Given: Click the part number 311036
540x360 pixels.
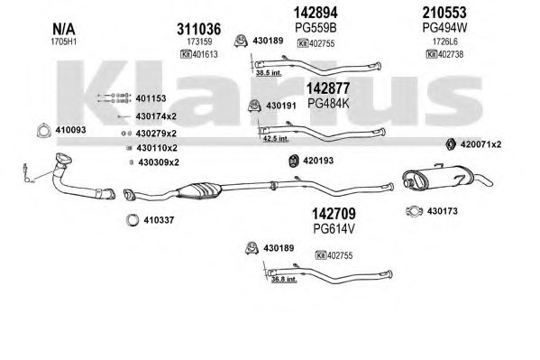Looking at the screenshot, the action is (198, 29).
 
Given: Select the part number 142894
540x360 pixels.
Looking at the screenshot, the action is (316, 13).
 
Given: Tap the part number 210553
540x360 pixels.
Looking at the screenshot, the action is (444, 13).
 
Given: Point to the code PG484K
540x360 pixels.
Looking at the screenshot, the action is (328, 103).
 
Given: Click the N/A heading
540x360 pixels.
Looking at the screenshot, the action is (64, 29).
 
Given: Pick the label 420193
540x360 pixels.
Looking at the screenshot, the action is (318, 161).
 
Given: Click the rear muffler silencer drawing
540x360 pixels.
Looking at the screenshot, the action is (447, 177).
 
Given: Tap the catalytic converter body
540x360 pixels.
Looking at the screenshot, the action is (199, 190).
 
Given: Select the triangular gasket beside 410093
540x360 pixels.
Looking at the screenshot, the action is (44, 130).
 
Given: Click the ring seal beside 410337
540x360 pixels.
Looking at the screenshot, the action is (133, 220).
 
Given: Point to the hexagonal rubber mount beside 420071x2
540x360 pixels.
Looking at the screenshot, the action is (451, 144).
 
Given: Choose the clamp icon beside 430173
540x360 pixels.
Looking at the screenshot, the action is (415, 211).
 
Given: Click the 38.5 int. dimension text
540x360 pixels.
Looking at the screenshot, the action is (269, 73).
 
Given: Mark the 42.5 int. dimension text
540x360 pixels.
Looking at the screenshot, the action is (276, 139).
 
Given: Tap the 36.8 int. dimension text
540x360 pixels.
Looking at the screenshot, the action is (284, 279).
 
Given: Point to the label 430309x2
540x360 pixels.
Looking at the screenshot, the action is (159, 162).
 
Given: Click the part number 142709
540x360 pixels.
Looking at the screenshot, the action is (334, 214).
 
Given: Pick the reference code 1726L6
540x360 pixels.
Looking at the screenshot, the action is (445, 42).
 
